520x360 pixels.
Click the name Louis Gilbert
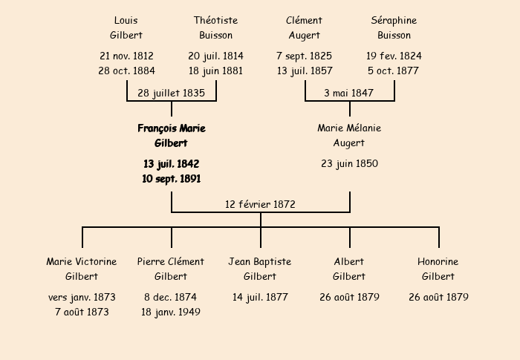(126, 28)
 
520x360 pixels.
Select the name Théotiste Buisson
(216, 28)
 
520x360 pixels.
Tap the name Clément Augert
(304, 28)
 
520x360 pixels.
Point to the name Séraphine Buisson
(394, 28)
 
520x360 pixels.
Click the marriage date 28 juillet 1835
(171, 93)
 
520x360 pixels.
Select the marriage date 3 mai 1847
(349, 93)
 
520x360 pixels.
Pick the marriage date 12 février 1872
(260, 204)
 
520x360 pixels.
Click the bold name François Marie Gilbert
(172, 136)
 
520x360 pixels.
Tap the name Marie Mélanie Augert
(349, 135)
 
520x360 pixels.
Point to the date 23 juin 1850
(350, 164)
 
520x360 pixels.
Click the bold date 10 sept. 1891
(172, 179)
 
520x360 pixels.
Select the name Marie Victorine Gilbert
(82, 269)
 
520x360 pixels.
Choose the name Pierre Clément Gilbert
(171, 269)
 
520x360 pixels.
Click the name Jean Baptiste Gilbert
(260, 269)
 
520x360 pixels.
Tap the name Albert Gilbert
(349, 269)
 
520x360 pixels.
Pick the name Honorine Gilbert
(438, 269)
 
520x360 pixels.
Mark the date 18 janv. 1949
(171, 312)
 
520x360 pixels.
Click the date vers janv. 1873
(82, 298)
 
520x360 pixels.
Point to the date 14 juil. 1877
(260, 298)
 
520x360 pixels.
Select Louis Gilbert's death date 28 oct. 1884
(127, 71)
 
